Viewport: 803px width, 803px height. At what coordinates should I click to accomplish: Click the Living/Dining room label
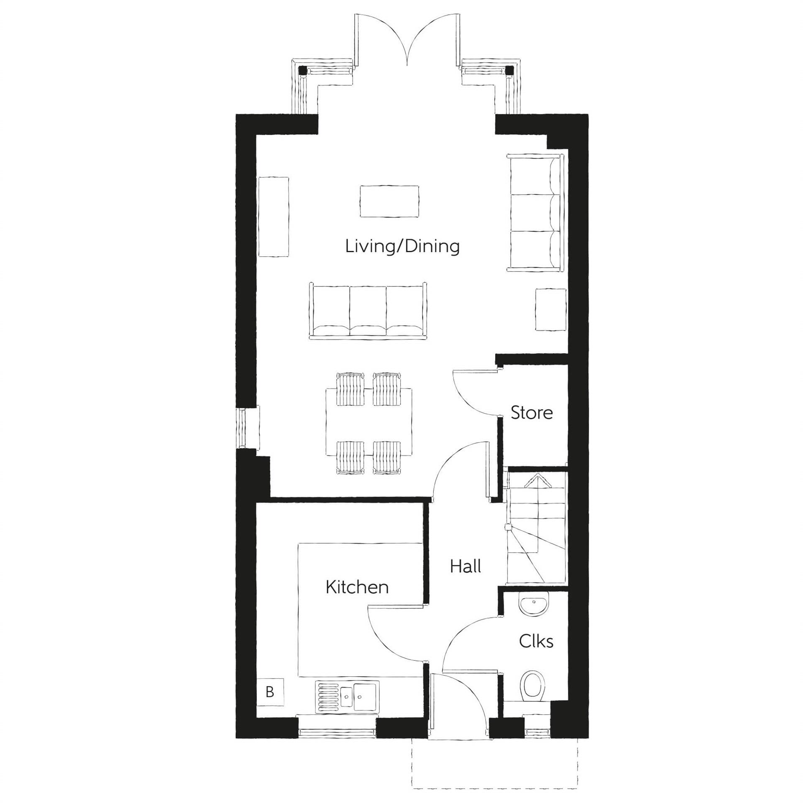pos(402,246)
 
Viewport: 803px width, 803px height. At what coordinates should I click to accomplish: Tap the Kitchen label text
pos(357,587)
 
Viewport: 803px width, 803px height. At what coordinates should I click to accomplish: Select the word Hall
pos(465,567)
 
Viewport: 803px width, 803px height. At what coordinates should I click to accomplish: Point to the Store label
pos(532,413)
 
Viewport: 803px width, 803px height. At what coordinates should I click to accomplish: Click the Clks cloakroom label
pos(536,641)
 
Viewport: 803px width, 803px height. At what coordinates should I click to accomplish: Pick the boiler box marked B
pos(270,692)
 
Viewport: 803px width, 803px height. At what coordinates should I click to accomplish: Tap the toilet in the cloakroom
pos(533,686)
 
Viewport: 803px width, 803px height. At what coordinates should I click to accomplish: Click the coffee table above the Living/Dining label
pos(389,202)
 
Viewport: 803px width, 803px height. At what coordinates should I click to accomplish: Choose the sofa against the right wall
pos(535,212)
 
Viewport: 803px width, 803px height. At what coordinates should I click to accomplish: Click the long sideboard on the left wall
pos(274,217)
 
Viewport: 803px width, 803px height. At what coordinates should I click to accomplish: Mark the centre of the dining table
pos(368,422)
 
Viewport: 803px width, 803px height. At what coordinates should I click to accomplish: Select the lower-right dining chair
pos(387,457)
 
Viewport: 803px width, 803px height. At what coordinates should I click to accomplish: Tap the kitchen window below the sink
pos(337,732)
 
